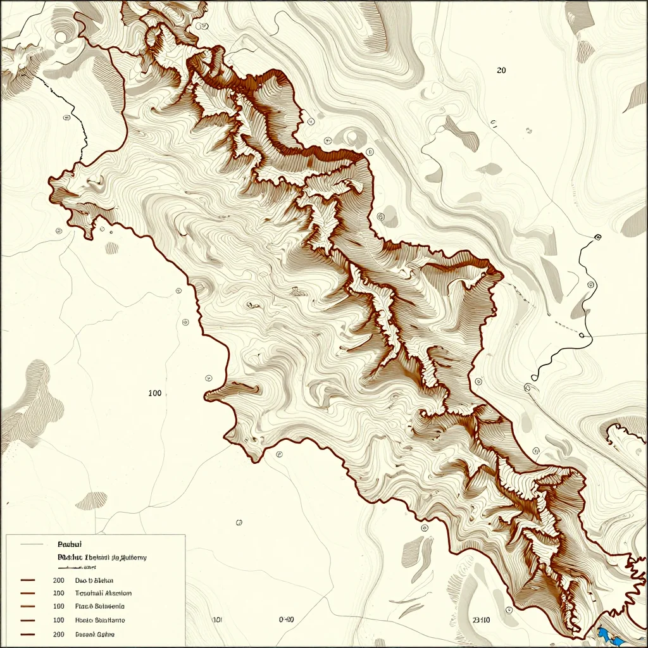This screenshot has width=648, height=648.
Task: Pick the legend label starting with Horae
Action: [x=99, y=621]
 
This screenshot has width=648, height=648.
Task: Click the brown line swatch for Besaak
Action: [x=28, y=634]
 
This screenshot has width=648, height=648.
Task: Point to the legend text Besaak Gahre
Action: [x=95, y=634]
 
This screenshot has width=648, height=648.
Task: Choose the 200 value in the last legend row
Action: [x=59, y=634]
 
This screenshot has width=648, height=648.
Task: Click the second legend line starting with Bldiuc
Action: [x=101, y=558]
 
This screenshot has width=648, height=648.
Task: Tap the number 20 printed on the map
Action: [x=501, y=71]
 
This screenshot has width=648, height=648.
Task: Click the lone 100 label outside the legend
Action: [x=154, y=393]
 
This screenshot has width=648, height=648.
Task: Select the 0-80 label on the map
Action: [x=287, y=620]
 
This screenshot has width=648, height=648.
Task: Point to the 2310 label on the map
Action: [x=482, y=621]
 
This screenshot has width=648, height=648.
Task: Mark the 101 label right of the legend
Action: [x=216, y=620]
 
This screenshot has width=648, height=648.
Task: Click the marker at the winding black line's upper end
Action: [x=597, y=238]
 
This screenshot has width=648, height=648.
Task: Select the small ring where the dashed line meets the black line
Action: [x=582, y=335]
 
